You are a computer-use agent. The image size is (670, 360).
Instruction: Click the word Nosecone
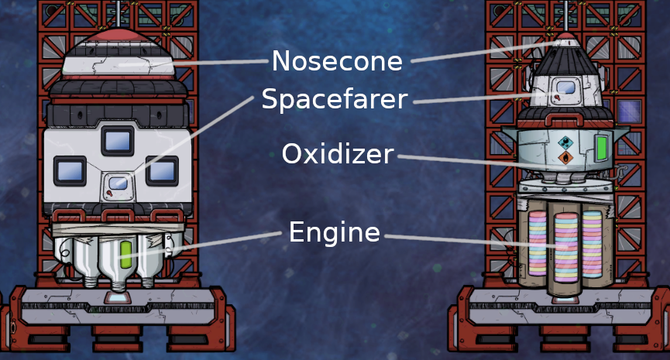(337, 60)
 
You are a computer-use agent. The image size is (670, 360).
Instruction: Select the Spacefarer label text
(334, 99)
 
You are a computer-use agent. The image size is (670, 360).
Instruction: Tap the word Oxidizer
(338, 154)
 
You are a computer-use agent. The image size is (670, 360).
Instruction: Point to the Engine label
(335, 231)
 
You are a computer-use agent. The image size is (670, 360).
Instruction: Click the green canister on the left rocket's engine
(125, 252)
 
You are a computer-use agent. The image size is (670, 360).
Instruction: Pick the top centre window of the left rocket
(118, 140)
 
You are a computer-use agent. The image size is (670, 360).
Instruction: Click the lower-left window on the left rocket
(68, 170)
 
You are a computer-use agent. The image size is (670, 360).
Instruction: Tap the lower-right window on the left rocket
(162, 170)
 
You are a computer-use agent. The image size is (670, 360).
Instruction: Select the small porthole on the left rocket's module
(118, 183)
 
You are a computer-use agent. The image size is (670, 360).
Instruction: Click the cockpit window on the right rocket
(566, 88)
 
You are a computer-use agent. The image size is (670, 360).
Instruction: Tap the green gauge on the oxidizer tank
(600, 146)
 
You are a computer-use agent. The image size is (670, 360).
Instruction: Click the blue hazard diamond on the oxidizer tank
(566, 142)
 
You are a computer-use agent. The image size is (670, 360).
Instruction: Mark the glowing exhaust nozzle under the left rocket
(118, 296)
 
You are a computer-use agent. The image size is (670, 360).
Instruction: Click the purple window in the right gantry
(628, 111)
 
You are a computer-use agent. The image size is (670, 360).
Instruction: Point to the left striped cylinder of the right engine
(537, 244)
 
